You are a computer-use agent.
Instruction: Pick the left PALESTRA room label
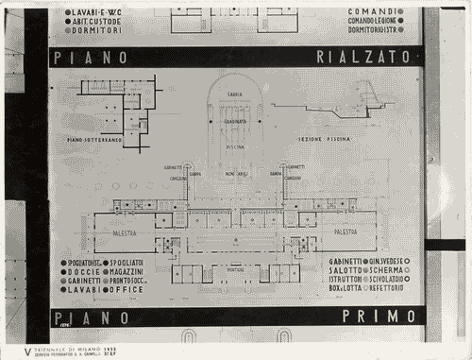(x=124, y=231)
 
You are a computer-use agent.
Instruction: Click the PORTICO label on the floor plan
(x=236, y=270)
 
